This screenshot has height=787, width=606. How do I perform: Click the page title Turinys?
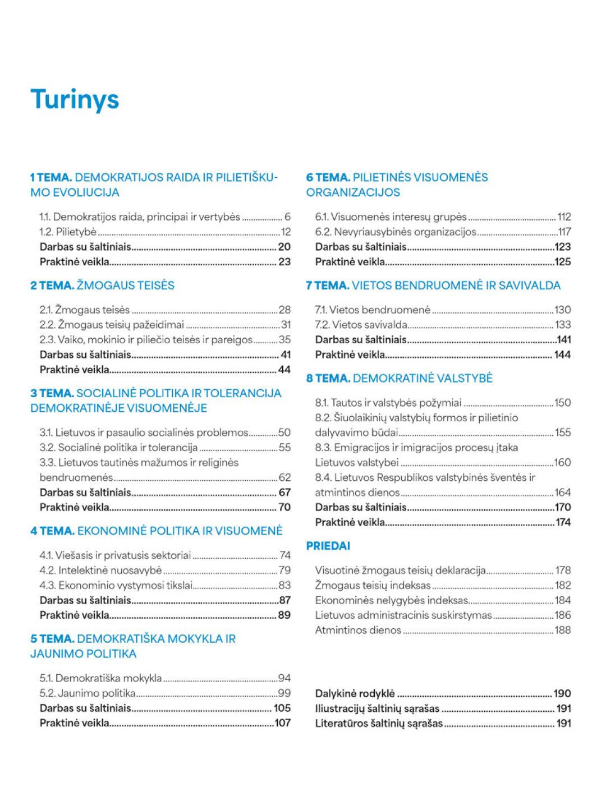[75, 99]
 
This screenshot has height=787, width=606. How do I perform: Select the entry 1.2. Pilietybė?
[68, 232]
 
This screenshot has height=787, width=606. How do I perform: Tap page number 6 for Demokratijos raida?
[287, 217]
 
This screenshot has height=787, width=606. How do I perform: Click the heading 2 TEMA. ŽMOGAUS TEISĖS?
[102, 285]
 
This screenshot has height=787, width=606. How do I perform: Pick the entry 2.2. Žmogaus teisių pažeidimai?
[112, 324]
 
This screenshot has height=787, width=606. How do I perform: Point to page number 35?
[284, 339]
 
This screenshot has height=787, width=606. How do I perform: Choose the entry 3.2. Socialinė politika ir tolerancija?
[118, 448]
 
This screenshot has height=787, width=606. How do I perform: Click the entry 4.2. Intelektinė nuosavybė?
[100, 570]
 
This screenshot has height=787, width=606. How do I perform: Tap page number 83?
[284, 586]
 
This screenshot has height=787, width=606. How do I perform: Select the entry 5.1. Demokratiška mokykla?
[100, 678]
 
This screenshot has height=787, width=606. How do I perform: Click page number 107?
[282, 723]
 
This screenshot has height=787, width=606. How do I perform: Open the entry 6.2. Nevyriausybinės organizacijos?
[395, 232]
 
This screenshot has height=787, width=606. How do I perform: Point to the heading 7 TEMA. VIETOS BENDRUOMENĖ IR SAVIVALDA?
[433, 285]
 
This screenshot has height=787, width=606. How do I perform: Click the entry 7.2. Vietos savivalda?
[361, 324]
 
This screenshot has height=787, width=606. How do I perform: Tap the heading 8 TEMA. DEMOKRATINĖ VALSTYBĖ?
[399, 378]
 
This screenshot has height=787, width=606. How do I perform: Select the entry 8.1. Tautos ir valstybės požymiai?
[388, 403]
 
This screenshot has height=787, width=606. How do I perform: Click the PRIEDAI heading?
[328, 546]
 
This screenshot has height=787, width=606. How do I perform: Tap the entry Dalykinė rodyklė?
[355, 693]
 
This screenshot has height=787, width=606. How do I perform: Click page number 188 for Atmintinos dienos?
[562, 630]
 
